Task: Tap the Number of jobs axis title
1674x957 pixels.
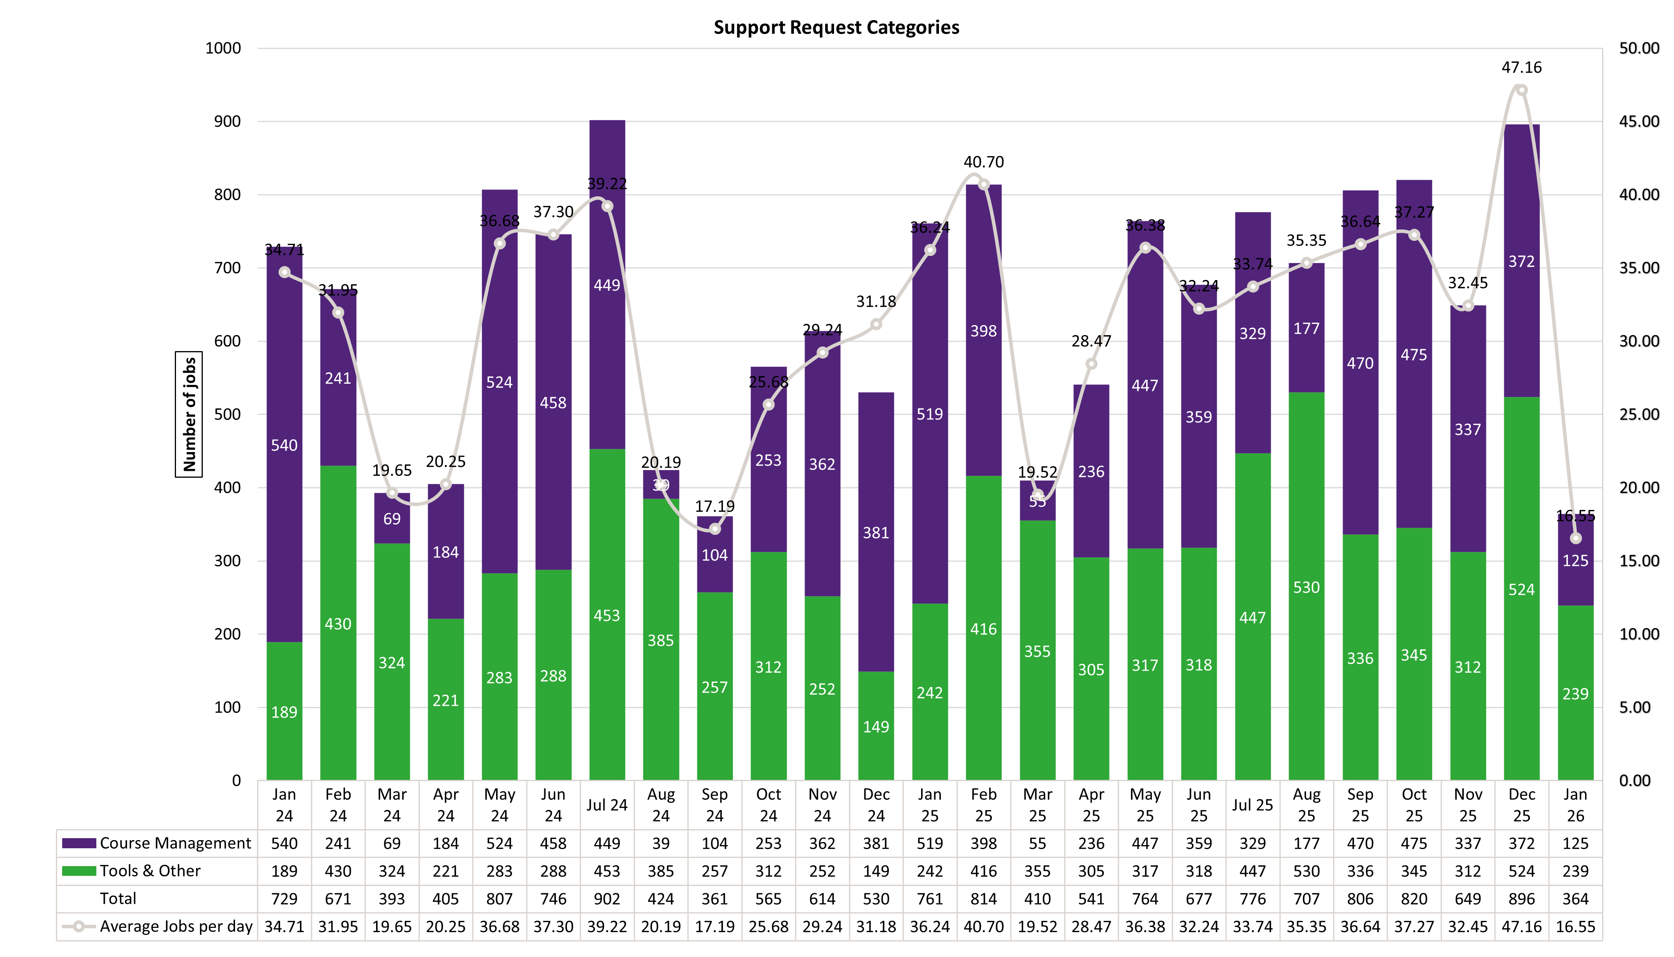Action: click(189, 414)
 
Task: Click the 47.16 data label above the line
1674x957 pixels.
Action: click(1522, 68)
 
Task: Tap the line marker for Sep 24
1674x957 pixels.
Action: click(715, 529)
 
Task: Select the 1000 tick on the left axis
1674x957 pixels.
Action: click(223, 49)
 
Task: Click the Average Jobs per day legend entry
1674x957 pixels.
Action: click(158, 927)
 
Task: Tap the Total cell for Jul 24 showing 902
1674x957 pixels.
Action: click(607, 899)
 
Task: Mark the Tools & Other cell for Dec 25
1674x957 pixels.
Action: click(1522, 871)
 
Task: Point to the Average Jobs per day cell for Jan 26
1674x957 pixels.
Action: click(1575, 927)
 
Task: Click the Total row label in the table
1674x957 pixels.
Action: click(118, 899)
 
